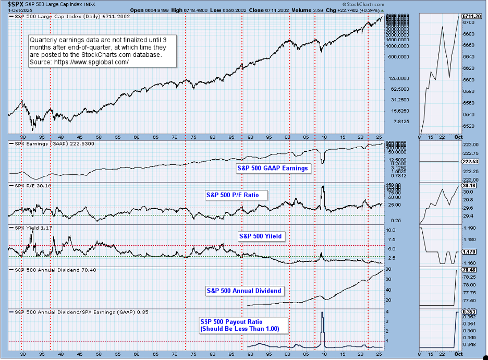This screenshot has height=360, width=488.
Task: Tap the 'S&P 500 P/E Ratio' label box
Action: [236, 195]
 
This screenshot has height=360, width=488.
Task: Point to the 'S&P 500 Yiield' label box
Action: [260, 236]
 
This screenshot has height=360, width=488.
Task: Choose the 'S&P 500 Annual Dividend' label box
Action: [244, 291]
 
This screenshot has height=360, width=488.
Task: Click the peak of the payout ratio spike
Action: [322, 312]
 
